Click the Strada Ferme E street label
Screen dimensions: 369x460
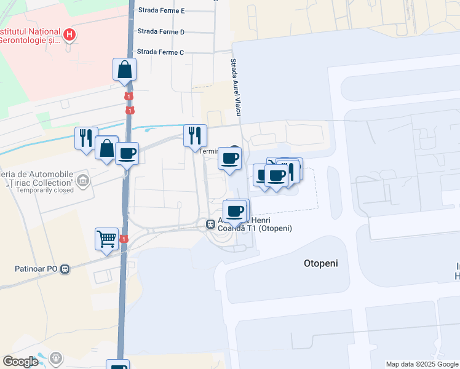click(x=161, y=11)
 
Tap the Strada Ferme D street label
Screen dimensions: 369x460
click(x=161, y=31)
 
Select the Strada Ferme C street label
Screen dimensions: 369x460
click(x=161, y=52)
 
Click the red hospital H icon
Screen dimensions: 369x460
click(x=70, y=35)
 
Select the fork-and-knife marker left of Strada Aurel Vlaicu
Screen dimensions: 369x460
click(x=195, y=135)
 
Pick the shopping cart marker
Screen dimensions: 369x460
click(x=106, y=239)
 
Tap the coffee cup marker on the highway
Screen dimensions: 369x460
click(x=127, y=153)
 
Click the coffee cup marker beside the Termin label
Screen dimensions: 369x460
click(x=231, y=159)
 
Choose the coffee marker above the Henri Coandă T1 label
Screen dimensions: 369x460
click(x=235, y=211)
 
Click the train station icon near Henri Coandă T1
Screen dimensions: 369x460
click(x=210, y=225)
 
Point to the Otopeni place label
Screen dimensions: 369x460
click(x=321, y=263)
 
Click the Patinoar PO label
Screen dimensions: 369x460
click(x=36, y=269)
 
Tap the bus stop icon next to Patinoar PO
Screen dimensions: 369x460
click(x=65, y=269)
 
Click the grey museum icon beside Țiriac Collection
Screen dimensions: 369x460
click(x=84, y=181)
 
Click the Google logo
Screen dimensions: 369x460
click(x=20, y=362)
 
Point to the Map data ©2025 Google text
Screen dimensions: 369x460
click(x=421, y=364)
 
